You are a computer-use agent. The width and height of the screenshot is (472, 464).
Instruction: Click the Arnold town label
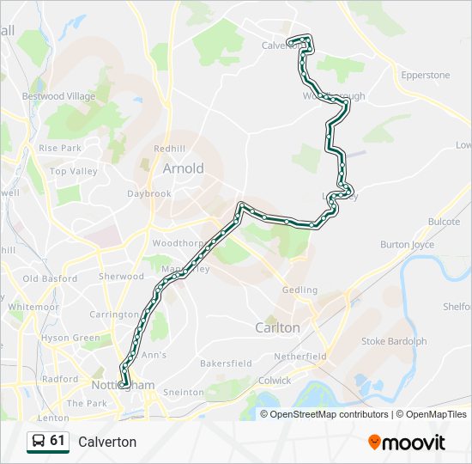[x=184, y=168]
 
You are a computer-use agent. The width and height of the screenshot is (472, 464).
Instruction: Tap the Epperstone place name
[x=426, y=76]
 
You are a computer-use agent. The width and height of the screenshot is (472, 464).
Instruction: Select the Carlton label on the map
[x=277, y=327]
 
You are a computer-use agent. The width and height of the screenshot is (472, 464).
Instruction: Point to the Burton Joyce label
[x=407, y=245]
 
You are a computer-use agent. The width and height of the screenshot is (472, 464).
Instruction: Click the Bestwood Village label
[x=59, y=97]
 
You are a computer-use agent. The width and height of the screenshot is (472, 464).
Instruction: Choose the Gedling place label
[x=299, y=291]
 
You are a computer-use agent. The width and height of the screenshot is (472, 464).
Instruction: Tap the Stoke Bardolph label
[x=394, y=341]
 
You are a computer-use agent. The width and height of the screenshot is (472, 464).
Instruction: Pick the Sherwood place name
[x=122, y=277]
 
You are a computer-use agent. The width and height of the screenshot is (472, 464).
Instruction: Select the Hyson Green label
[x=71, y=339]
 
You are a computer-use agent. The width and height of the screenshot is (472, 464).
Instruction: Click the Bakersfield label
[x=225, y=363]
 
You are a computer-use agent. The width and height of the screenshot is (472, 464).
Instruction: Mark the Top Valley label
[x=74, y=172]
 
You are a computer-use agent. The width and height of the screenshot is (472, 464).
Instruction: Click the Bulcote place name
[x=444, y=222]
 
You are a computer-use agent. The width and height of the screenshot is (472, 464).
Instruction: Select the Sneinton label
[x=185, y=393]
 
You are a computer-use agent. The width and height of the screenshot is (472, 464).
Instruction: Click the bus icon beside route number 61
[x=38, y=442]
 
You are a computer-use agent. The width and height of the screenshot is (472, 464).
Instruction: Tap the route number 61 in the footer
[x=57, y=441]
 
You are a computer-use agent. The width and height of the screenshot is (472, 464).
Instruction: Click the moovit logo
[x=407, y=443]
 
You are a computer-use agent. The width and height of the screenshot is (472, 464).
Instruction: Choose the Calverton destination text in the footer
[x=107, y=442]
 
